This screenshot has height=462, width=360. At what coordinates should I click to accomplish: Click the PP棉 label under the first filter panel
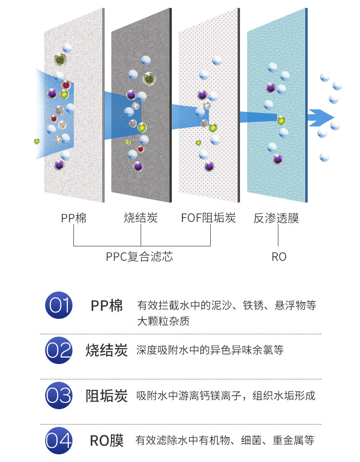point(73,219)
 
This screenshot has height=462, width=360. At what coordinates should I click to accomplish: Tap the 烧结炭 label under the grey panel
point(141,219)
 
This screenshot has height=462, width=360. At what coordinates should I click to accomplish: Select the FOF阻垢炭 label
point(209,219)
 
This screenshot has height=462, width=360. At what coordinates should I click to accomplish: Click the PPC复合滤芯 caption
point(139,257)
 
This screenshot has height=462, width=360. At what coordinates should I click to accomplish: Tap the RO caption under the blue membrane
point(279,257)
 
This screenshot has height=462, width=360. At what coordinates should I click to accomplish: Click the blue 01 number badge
point(59,305)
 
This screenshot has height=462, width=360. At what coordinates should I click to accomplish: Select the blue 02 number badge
point(59,351)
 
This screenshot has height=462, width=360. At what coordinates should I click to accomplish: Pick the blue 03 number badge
point(59,396)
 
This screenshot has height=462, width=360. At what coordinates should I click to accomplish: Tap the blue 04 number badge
point(59,440)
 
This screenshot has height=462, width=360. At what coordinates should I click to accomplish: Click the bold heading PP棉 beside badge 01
point(107,305)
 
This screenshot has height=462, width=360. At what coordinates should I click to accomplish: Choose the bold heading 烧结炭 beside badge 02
point(107,350)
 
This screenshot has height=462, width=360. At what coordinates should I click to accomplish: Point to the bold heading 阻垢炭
point(107,396)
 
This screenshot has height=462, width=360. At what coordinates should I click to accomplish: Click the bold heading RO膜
point(107,440)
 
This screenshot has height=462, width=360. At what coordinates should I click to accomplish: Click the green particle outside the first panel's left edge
point(36,141)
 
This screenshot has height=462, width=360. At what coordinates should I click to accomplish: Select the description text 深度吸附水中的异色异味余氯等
point(210,350)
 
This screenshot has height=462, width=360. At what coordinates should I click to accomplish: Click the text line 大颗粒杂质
point(163,321)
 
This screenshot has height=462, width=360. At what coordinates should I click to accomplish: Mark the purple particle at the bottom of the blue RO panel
point(277,159)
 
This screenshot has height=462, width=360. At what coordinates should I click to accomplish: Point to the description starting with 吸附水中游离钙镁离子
point(226,396)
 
